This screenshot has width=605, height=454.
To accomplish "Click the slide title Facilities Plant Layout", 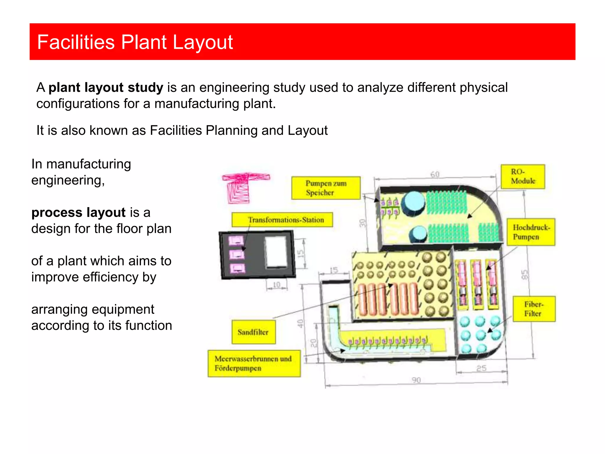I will [135, 42].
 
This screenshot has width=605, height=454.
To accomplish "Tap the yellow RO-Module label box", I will [523, 177].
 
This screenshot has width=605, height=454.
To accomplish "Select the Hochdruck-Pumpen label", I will [531, 232].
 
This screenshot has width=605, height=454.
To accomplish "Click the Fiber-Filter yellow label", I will [534, 309].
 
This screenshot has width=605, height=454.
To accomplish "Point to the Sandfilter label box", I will [253, 332].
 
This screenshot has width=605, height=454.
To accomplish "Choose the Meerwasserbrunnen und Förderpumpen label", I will [254, 364].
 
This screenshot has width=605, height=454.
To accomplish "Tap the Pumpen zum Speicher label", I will [326, 188].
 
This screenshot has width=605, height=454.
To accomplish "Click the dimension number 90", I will [416, 380].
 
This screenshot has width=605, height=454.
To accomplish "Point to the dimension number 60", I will [435, 175].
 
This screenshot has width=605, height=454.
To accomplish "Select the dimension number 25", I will [481, 368].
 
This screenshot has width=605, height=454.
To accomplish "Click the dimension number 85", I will [524, 275].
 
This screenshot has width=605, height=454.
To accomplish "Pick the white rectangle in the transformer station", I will [276, 252].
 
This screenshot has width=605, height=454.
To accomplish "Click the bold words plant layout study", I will [106, 88].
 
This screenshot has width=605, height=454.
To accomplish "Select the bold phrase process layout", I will [79, 213].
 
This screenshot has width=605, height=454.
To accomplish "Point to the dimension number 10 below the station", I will [277, 285].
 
